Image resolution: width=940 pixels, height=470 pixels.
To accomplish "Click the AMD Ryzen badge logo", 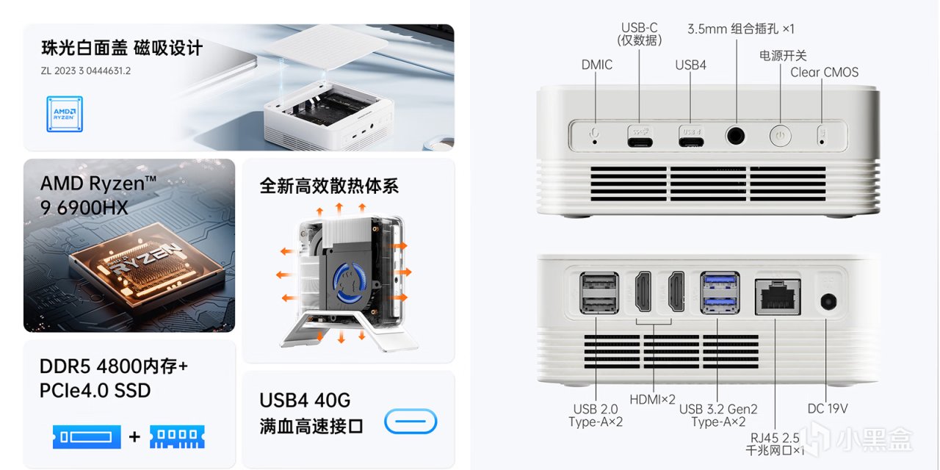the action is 65,114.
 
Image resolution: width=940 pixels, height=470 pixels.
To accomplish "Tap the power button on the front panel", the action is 780,136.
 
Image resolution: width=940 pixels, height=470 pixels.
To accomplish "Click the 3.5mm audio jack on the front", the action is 735,136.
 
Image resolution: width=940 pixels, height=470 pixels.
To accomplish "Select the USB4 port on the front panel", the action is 691,142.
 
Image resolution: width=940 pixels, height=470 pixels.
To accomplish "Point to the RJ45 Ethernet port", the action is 778,297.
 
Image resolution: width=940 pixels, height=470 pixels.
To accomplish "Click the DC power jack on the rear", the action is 828,302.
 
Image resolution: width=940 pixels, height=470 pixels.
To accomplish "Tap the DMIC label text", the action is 597,65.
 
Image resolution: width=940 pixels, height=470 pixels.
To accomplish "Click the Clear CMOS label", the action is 824,72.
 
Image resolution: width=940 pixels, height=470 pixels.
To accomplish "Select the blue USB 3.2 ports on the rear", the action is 720,293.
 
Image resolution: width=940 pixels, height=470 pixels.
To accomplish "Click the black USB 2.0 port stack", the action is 599,293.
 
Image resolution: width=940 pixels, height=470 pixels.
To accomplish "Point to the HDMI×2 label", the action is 653,399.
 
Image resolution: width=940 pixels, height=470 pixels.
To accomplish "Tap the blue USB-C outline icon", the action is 411,421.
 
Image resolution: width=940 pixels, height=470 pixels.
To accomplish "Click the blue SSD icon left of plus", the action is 87,437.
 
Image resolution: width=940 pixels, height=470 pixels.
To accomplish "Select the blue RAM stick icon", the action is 177,437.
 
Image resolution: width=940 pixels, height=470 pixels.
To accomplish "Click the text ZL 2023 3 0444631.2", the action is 86,71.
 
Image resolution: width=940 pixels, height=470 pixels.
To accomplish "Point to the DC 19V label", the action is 828,408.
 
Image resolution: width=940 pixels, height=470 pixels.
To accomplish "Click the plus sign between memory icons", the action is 134,437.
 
